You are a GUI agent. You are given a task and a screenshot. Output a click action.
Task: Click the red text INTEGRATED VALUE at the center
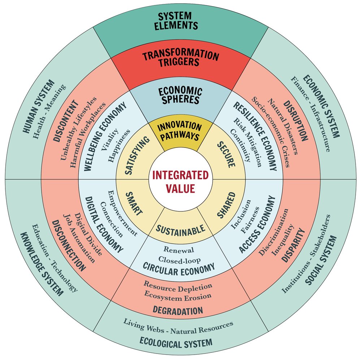click(180, 182)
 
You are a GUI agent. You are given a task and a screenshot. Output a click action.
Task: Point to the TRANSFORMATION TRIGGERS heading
click(180, 59)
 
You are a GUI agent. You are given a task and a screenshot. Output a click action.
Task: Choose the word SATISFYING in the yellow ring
click(134, 156)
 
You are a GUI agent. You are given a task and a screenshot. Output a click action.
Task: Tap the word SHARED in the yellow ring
click(226, 205)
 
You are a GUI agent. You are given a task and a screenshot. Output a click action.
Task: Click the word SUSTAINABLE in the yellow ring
click(180, 229)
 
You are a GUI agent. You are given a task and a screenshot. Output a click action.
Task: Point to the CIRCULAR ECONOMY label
click(179, 267)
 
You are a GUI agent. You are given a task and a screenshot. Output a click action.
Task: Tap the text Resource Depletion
click(178, 287)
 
